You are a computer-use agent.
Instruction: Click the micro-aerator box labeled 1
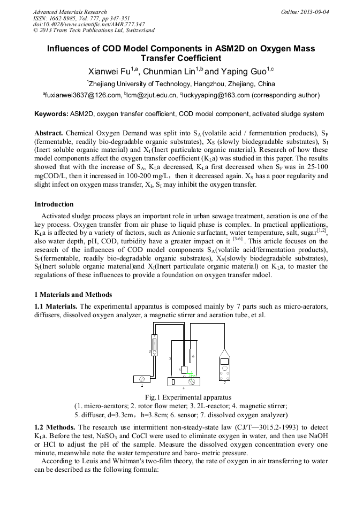click(x=142, y=380)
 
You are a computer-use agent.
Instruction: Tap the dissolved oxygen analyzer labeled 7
click(x=225, y=369)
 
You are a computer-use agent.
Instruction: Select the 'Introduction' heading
click(x=54, y=204)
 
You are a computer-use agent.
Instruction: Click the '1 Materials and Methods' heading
click(x=73, y=294)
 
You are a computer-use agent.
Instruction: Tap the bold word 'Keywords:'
click(x=51, y=114)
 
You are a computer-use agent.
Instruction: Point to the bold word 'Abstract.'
click(x=49, y=133)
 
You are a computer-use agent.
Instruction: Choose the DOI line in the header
click(x=81, y=25)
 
